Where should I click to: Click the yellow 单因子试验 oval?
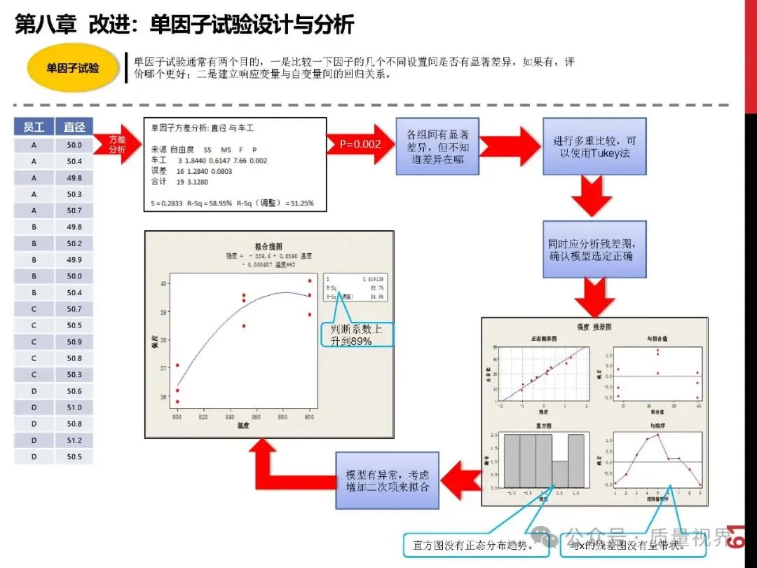(x=73, y=69)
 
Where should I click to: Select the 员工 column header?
(x=34, y=127)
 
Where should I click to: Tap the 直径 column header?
(x=74, y=127)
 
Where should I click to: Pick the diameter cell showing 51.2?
(x=74, y=440)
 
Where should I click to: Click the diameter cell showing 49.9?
(x=74, y=260)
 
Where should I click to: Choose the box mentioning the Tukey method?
(x=594, y=147)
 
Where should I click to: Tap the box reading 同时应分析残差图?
(x=594, y=250)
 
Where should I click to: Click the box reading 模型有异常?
(x=388, y=480)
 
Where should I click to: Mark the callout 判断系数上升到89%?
(x=357, y=334)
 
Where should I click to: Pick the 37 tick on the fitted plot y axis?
(x=164, y=367)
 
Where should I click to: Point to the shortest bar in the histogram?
(x=560, y=474)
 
